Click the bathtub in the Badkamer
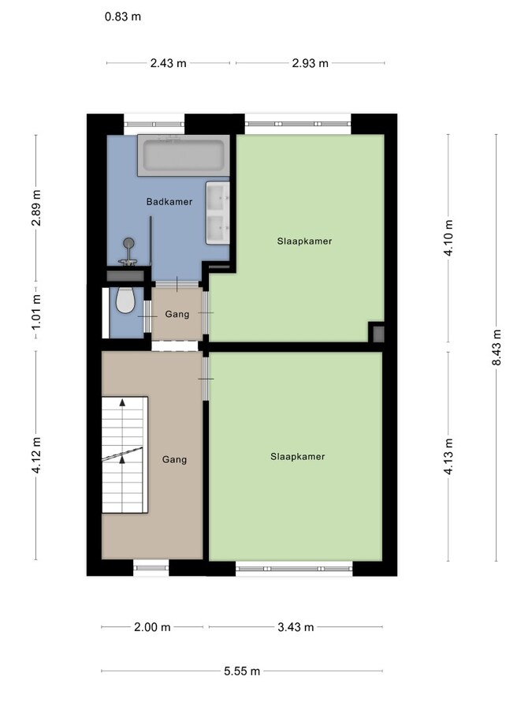click(x=184, y=155)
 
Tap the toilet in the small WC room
click(x=124, y=300)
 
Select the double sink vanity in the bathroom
click(x=218, y=211)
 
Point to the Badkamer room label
click(x=169, y=202)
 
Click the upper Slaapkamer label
click(x=304, y=241)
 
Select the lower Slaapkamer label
click(x=297, y=456)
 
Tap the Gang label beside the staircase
click(x=174, y=459)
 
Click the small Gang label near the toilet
click(x=177, y=314)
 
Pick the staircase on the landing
click(x=124, y=455)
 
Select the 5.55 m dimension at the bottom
click(x=242, y=671)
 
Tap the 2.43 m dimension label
click(x=169, y=63)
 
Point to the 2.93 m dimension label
click(x=311, y=63)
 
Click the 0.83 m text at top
click(x=123, y=16)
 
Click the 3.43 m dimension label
click(x=296, y=627)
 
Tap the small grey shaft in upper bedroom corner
click(x=377, y=333)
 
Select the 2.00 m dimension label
click(x=153, y=627)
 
